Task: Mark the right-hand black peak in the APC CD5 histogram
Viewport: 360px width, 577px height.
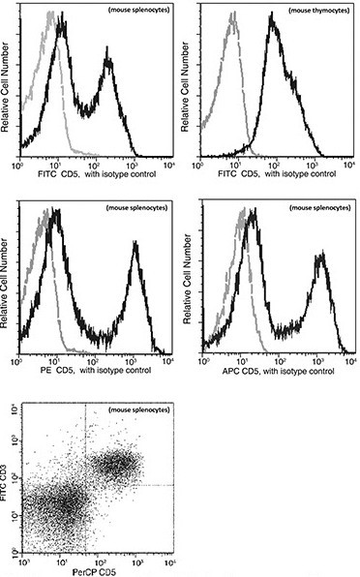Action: point(319,256)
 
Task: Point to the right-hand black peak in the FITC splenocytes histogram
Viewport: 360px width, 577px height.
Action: point(109,62)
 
